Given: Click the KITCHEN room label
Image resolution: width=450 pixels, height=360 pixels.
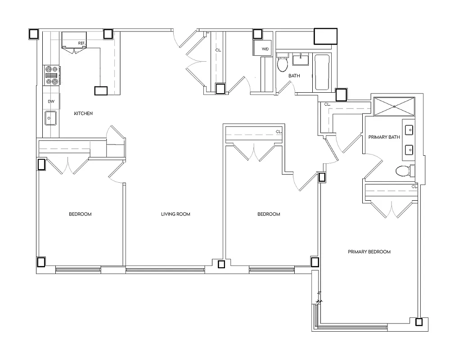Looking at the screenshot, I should pos(83,113).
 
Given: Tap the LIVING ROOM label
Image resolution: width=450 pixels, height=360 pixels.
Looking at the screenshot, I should pos(175,214).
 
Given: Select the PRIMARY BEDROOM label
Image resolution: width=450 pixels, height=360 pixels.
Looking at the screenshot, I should pos(369,252).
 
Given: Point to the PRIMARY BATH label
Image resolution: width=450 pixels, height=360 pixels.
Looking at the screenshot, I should pos(384,137).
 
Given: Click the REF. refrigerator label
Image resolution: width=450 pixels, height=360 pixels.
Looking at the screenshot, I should pos(81,43).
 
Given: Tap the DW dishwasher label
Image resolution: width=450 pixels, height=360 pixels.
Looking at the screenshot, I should pos(51,102).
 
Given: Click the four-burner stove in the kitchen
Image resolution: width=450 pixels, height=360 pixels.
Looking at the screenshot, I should pos(51,76).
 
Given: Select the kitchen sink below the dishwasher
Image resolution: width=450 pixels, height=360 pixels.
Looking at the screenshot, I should pos(51,118).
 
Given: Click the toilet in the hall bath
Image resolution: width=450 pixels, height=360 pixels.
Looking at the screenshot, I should pos(282,64).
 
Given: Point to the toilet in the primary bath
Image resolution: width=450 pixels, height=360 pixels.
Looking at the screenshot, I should pos(402,171).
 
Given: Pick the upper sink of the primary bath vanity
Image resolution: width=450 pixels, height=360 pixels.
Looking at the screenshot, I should pos(409,130).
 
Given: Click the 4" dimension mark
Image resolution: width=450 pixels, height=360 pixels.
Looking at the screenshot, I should pos(319,293).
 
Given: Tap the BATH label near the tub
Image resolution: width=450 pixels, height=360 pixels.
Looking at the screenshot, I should pos(294,76).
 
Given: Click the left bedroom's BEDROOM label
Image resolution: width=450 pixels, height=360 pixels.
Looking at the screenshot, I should pos(80,214).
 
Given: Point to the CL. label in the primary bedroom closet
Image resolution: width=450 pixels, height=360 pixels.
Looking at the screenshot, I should pos(414,186).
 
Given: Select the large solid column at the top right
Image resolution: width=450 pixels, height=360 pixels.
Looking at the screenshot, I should pos(325,36).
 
